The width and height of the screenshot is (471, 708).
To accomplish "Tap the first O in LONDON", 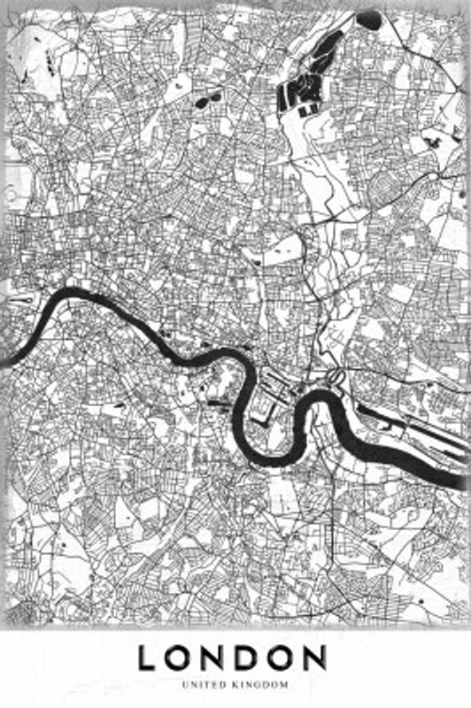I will tap(182, 658).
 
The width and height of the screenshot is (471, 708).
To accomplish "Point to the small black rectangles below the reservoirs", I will tap(308, 111).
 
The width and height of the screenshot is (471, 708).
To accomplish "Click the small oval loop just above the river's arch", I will tap(336, 378).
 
